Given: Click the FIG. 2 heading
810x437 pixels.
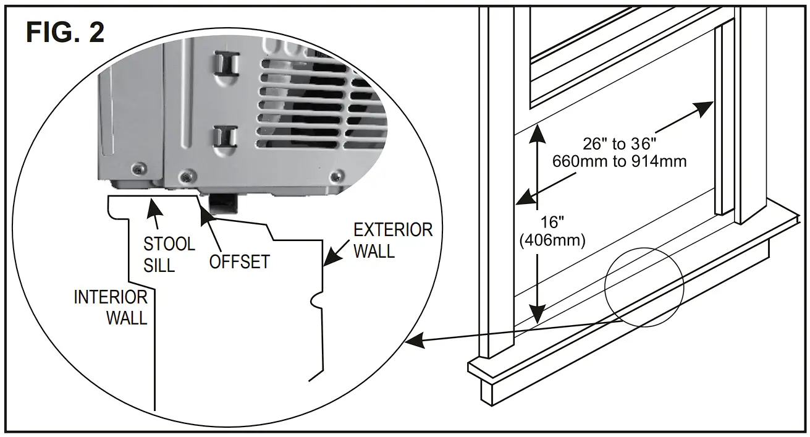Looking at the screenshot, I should (65, 32).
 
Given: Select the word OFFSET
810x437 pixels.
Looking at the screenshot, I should (239, 261).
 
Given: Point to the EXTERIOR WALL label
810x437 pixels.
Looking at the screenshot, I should (392, 240).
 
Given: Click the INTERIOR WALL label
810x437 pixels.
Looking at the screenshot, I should (111, 307).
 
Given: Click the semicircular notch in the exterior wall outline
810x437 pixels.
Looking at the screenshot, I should (315, 302).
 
